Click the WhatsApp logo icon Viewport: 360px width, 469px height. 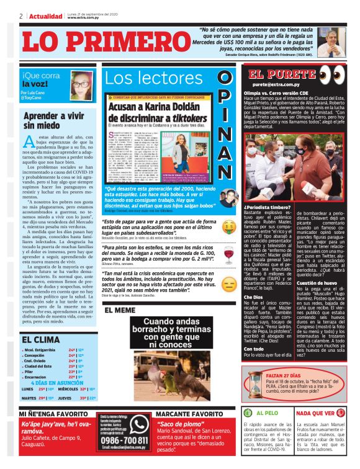click(138, 431)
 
